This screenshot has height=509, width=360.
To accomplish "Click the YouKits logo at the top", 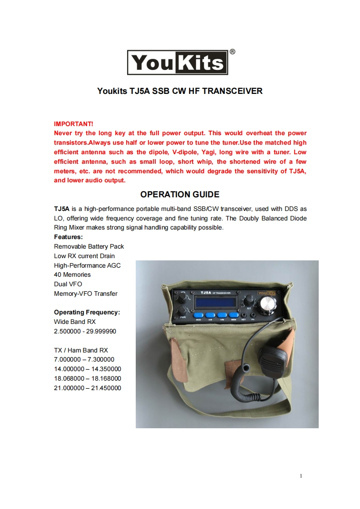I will [177, 62].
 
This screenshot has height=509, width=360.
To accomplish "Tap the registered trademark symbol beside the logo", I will [232, 52].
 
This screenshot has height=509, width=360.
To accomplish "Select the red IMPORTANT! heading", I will [74, 123].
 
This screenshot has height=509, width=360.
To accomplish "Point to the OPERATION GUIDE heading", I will [180, 195].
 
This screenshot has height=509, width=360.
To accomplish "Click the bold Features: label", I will [68, 237].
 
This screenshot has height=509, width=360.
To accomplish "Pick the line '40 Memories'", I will [72, 274].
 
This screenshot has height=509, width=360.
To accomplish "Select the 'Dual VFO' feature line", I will [68, 284].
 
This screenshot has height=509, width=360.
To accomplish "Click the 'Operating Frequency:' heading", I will [87, 312].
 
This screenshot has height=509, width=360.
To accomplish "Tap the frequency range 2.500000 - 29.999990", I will [85, 331].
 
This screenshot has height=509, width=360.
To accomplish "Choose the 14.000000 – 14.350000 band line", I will [88, 369].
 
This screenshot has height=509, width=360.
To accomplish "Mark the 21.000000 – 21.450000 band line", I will [88, 388].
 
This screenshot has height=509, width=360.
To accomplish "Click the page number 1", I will [301, 476].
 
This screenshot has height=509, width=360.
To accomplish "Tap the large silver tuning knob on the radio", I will [268, 305].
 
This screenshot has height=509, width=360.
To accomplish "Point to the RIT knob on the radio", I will [248, 300].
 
